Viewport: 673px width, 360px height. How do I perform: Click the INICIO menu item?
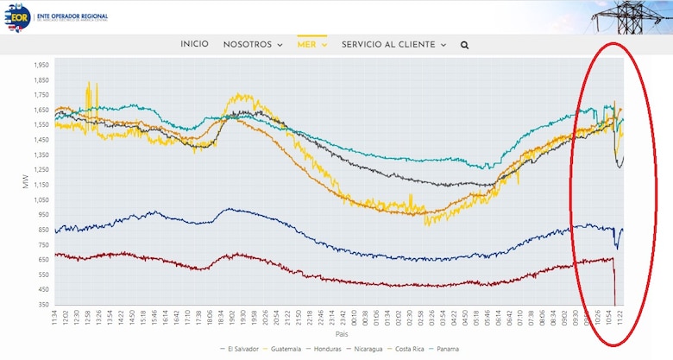point(194,45)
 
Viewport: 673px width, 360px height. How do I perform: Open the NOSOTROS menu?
point(252,45)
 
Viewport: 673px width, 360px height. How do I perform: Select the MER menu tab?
point(311,45)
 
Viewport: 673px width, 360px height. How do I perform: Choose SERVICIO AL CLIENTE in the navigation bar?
point(393,45)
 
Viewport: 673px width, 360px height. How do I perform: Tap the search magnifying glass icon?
point(465,45)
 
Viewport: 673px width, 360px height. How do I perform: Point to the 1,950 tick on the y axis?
point(41,65)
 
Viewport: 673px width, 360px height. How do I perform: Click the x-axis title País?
point(342,333)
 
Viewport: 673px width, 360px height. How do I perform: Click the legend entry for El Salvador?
point(241,349)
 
